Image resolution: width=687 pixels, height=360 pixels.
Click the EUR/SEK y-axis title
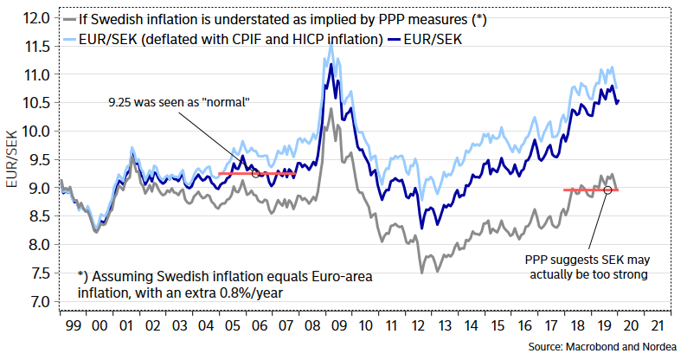(x=11, y=159)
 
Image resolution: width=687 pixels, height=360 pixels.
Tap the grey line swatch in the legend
(x=79, y=19)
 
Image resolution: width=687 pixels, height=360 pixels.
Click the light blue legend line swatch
(x=79, y=39)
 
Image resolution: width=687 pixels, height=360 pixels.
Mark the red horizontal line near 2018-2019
(x=590, y=190)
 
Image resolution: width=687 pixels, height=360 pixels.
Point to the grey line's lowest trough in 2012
(x=422, y=273)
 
